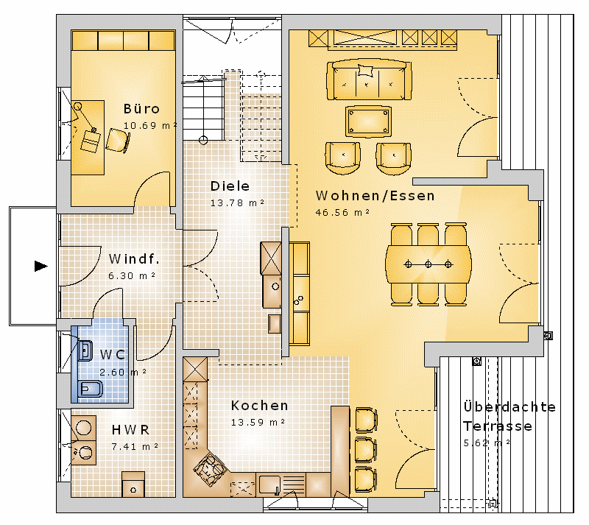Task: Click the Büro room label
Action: pyautogui.click(x=141, y=109)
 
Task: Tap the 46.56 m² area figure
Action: pyautogui.click(x=342, y=212)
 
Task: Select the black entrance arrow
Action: pyautogui.click(x=41, y=266)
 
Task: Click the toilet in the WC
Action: pyautogui.click(x=91, y=390)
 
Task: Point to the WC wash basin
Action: pyautogui.click(x=85, y=350)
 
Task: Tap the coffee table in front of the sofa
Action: pyautogui.click(x=368, y=121)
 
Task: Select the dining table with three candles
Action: pyautogui.click(x=428, y=264)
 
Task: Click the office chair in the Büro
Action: pyautogui.click(x=118, y=141)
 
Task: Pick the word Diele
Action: pyautogui.click(x=230, y=186)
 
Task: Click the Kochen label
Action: pyautogui.click(x=260, y=406)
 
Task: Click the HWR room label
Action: pyautogui.click(x=130, y=430)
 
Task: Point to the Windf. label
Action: pyautogui.click(x=134, y=259)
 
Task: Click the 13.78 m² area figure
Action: pyautogui.click(x=237, y=203)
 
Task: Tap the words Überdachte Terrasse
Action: pyautogui.click(x=509, y=417)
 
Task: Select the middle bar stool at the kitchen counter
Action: pyautogui.click(x=366, y=449)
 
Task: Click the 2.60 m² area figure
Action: pyautogui.click(x=123, y=372)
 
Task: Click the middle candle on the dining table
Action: pyautogui.click(x=428, y=264)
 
